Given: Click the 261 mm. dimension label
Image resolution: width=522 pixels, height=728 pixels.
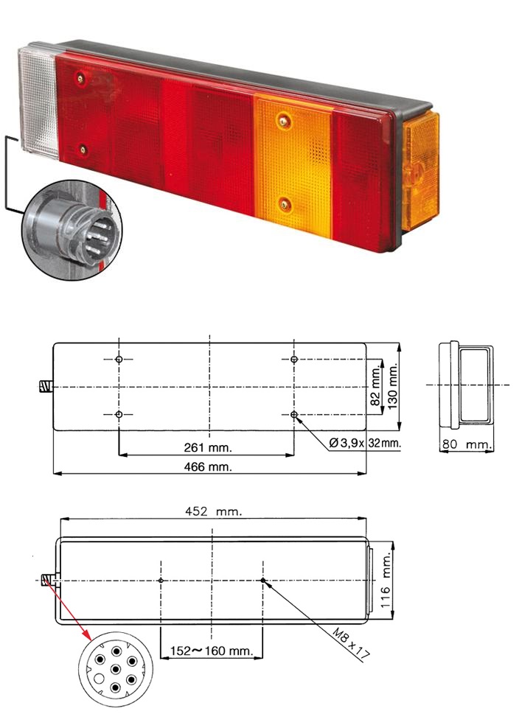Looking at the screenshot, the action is coord(208,447).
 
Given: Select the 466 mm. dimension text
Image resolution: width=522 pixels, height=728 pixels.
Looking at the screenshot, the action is coord(208,466).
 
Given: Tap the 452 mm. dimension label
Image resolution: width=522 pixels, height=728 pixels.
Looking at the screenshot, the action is coord(214,511).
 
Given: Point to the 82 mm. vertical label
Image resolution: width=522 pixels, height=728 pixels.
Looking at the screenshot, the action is coord(376,385).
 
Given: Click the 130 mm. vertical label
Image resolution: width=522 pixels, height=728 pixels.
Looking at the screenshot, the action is coord(393,386).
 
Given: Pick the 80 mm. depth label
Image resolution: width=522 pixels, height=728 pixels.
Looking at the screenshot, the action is coord(466,444).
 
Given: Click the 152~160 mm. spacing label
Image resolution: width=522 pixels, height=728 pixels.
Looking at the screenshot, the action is coord(212,651).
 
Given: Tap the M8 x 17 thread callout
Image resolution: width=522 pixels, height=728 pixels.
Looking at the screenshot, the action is coord(351,644).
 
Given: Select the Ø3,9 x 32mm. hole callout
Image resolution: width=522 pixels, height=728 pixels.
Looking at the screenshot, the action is coord(364,443).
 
